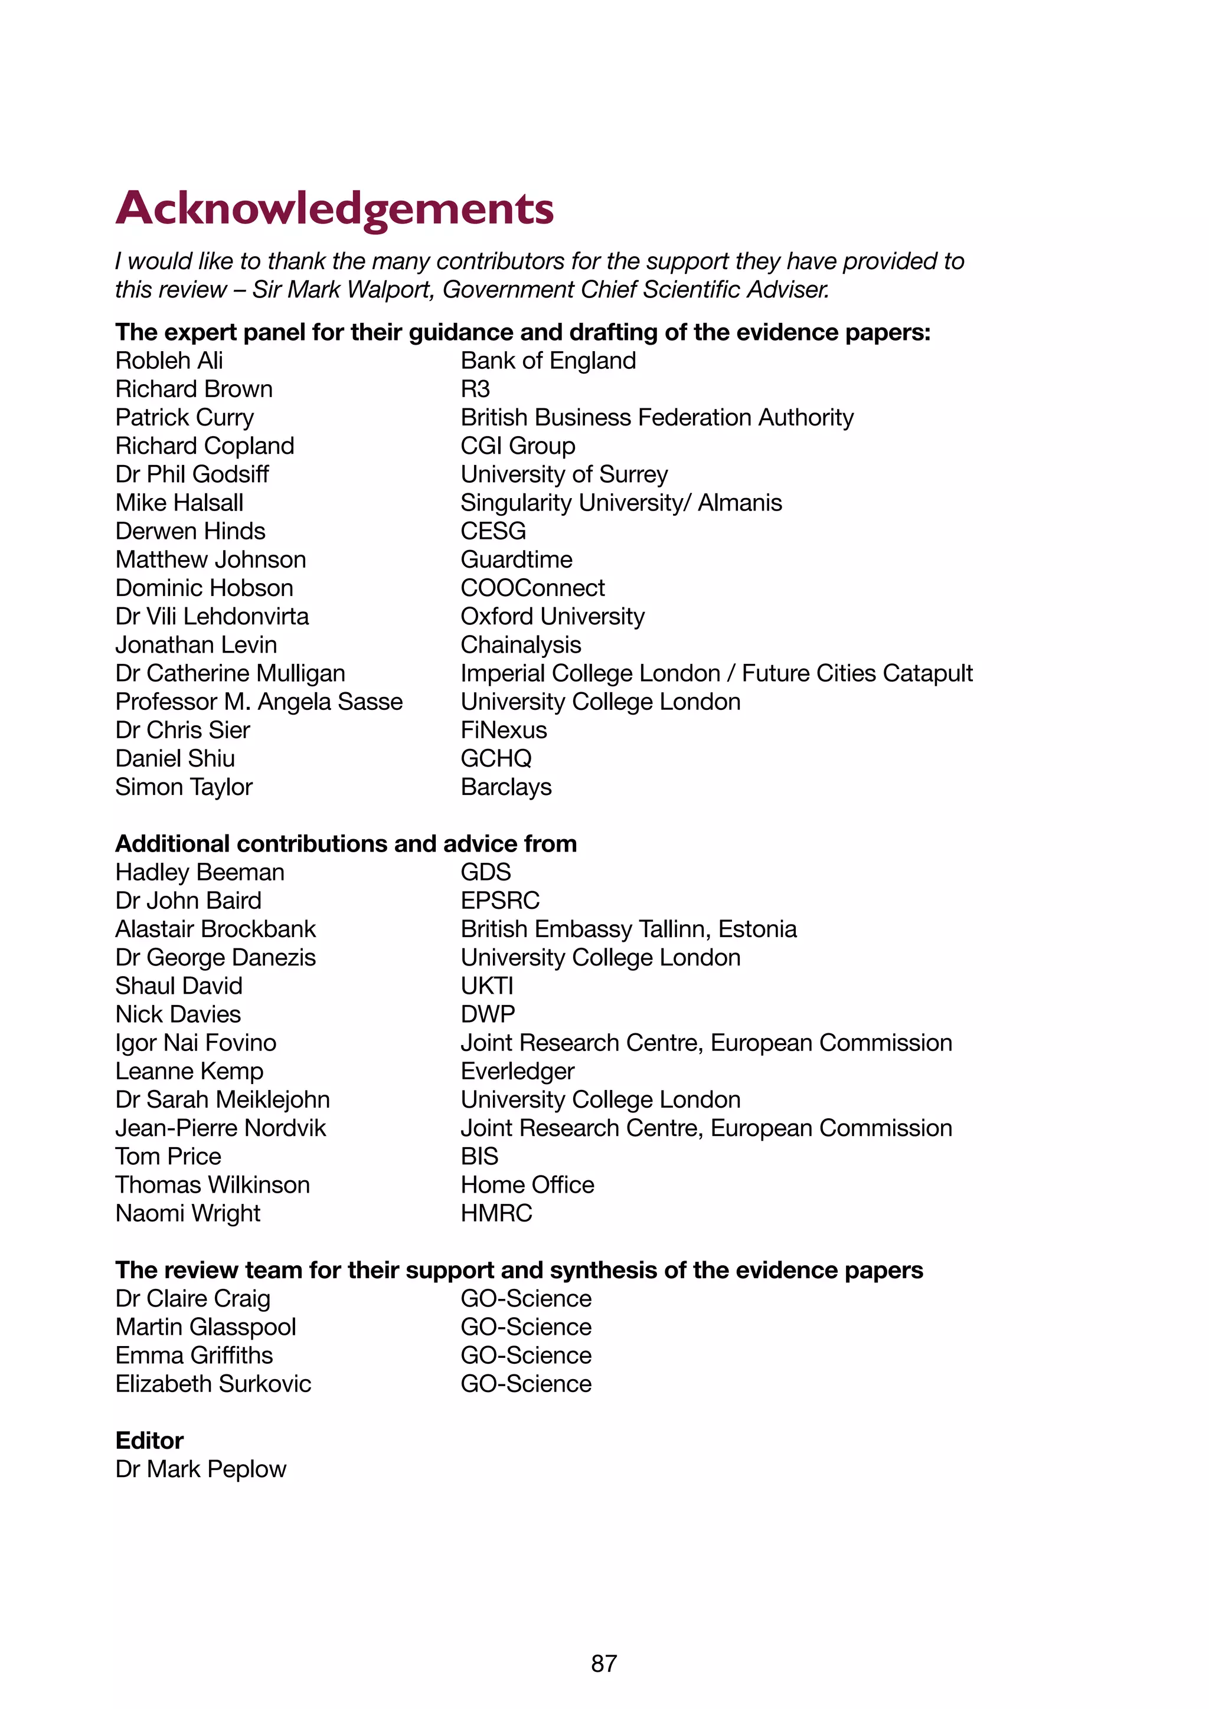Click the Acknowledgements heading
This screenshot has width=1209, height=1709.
[334, 208]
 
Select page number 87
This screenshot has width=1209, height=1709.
[604, 1663]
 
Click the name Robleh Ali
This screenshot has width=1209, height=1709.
[169, 361]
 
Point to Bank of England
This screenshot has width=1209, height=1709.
[548, 361]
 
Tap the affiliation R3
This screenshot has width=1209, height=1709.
[475, 389]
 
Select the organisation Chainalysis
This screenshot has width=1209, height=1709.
[520, 644]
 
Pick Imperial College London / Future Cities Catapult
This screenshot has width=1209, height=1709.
[716, 673]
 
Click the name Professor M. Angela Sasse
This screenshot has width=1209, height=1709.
[259, 702]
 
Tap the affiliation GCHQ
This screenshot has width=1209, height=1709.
[496, 758]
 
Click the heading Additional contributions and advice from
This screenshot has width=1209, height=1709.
[345, 843]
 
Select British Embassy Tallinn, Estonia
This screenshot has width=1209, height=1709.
[628, 929]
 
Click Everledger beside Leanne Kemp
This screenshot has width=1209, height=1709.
[517, 1071]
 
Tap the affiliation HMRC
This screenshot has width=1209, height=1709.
[496, 1213]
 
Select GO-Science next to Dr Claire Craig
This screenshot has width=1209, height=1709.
[525, 1298]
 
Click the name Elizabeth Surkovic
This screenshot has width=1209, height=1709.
[213, 1384]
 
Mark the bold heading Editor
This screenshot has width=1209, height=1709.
[149, 1440]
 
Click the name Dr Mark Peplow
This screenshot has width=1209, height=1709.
[200, 1469]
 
